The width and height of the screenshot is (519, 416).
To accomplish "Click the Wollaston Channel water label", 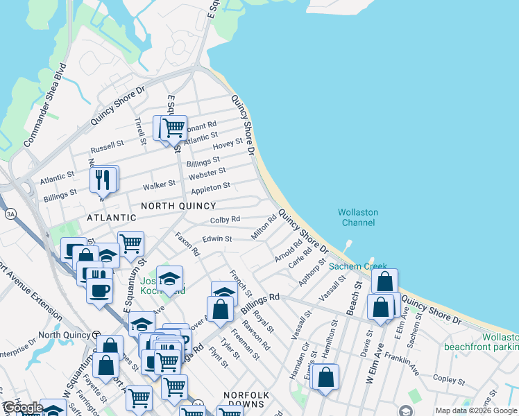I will pyautogui.click(x=358, y=217).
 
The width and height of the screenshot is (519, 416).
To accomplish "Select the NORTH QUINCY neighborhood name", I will pyautogui.click(x=178, y=206).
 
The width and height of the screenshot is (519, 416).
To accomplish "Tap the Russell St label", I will pyautogui.click(x=107, y=148).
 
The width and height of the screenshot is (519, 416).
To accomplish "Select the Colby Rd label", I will pyautogui.click(x=225, y=220).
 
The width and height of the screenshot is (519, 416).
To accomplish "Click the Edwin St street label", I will pyautogui.click(x=217, y=239).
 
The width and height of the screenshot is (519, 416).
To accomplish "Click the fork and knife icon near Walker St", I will pyautogui.click(x=103, y=180).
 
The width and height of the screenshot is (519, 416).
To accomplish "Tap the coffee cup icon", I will pyautogui.click(x=99, y=288).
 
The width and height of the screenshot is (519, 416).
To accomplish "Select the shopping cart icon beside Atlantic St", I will pyautogui.click(x=173, y=128).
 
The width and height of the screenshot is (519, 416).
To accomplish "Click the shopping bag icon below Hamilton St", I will pyautogui.click(x=325, y=377).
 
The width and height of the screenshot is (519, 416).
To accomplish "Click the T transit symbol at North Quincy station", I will pyautogui.click(x=96, y=335).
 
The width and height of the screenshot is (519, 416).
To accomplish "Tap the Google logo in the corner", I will pyautogui.click(x=22, y=408).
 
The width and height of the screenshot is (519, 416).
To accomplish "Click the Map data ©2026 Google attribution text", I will pyautogui.click(x=476, y=410).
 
